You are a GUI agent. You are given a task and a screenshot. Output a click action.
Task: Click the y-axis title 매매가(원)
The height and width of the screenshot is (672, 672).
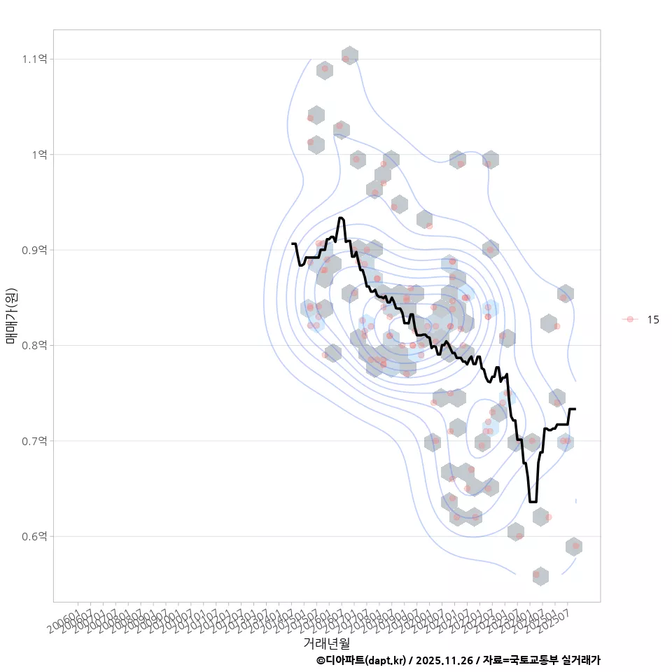tap(12, 315)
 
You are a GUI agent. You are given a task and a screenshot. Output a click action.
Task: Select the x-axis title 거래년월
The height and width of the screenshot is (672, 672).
tap(326, 643)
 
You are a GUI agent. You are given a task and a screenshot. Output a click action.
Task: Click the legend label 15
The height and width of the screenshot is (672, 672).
tap(653, 319)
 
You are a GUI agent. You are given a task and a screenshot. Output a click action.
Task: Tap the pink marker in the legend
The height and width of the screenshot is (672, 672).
tap(630, 319)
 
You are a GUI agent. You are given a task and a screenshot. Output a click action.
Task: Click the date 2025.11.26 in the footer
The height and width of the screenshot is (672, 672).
tap(444, 660)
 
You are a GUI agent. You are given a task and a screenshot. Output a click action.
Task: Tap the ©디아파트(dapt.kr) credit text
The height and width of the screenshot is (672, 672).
tap(360, 660)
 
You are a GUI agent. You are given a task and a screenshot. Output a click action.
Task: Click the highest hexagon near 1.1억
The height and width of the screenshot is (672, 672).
tap(349, 56)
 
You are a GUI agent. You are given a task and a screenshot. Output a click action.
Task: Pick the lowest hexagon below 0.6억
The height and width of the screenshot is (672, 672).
tap(540, 576)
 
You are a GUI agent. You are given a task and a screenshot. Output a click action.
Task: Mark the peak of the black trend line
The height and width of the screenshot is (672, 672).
tap(341, 218)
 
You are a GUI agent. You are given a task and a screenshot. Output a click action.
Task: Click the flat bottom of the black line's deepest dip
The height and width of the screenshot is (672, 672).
tap(533, 501)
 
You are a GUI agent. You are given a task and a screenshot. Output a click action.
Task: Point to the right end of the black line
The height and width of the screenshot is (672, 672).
tap(575, 409)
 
